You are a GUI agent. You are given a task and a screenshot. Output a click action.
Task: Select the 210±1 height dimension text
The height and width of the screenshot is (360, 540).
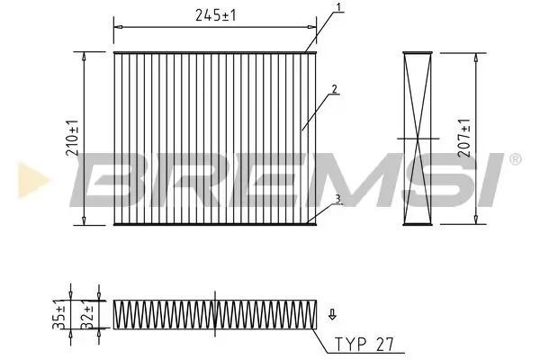[72, 139]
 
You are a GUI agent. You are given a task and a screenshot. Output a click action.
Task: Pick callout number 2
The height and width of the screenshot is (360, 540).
[333, 88]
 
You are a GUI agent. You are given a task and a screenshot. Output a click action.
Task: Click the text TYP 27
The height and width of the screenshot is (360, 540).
[365, 344]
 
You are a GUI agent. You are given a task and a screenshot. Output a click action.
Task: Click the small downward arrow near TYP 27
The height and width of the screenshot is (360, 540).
[332, 314]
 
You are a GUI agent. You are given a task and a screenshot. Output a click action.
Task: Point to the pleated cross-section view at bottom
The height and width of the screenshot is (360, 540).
[213, 312]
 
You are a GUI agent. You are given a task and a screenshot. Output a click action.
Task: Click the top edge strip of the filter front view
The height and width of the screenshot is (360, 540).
[216, 53]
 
